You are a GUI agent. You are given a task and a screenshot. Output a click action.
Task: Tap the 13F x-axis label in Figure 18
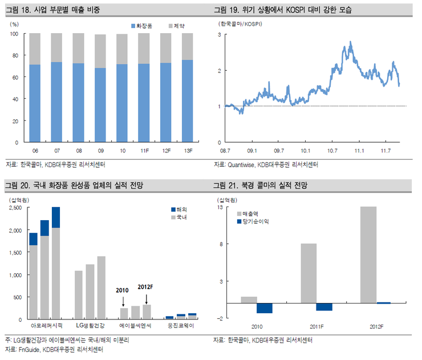[x=188, y=151]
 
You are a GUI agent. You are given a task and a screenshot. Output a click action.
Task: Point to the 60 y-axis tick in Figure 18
[x=15, y=77]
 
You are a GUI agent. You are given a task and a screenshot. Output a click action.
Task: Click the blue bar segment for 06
[x=35, y=103]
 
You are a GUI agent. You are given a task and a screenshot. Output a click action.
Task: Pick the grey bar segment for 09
[x=100, y=51]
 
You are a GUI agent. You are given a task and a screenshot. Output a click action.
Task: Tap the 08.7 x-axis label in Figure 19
[x=225, y=151]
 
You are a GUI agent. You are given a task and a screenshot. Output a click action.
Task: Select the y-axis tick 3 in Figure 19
[x=219, y=35]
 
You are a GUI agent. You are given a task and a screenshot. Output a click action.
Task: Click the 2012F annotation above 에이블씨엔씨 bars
[x=146, y=286]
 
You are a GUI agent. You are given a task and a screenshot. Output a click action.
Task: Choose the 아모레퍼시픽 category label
[x=46, y=327]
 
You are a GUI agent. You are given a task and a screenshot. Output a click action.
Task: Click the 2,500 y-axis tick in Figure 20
[x=15, y=208]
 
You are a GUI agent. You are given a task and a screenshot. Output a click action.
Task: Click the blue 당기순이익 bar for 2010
[x=264, y=308]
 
